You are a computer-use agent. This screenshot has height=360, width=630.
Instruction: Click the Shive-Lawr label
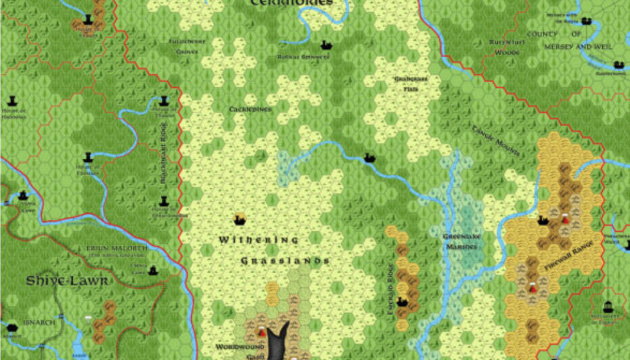point(67,281)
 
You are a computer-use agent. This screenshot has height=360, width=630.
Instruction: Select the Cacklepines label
point(250,110)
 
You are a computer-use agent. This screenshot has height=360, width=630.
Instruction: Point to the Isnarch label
point(40,322)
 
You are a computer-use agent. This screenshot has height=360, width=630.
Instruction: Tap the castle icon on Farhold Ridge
point(402,302)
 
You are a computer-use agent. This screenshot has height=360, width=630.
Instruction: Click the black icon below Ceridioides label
point(326,45)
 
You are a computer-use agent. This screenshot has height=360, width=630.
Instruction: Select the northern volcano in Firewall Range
point(565,217)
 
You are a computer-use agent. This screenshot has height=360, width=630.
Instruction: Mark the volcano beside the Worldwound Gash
point(261,330)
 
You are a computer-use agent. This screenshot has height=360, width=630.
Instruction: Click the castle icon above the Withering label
point(240,218)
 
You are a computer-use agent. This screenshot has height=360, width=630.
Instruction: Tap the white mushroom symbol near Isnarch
point(88,319)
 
